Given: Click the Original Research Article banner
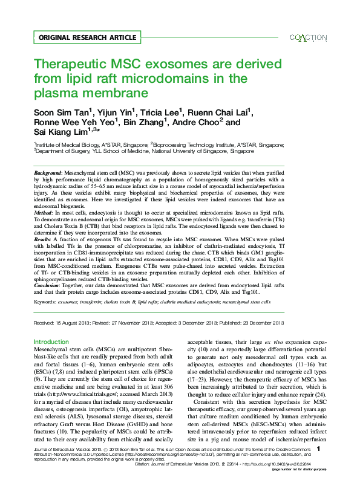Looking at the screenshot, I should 87,37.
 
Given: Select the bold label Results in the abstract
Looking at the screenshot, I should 45,239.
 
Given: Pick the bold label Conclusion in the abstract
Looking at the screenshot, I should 49,285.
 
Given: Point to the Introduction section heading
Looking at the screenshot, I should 51,342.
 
